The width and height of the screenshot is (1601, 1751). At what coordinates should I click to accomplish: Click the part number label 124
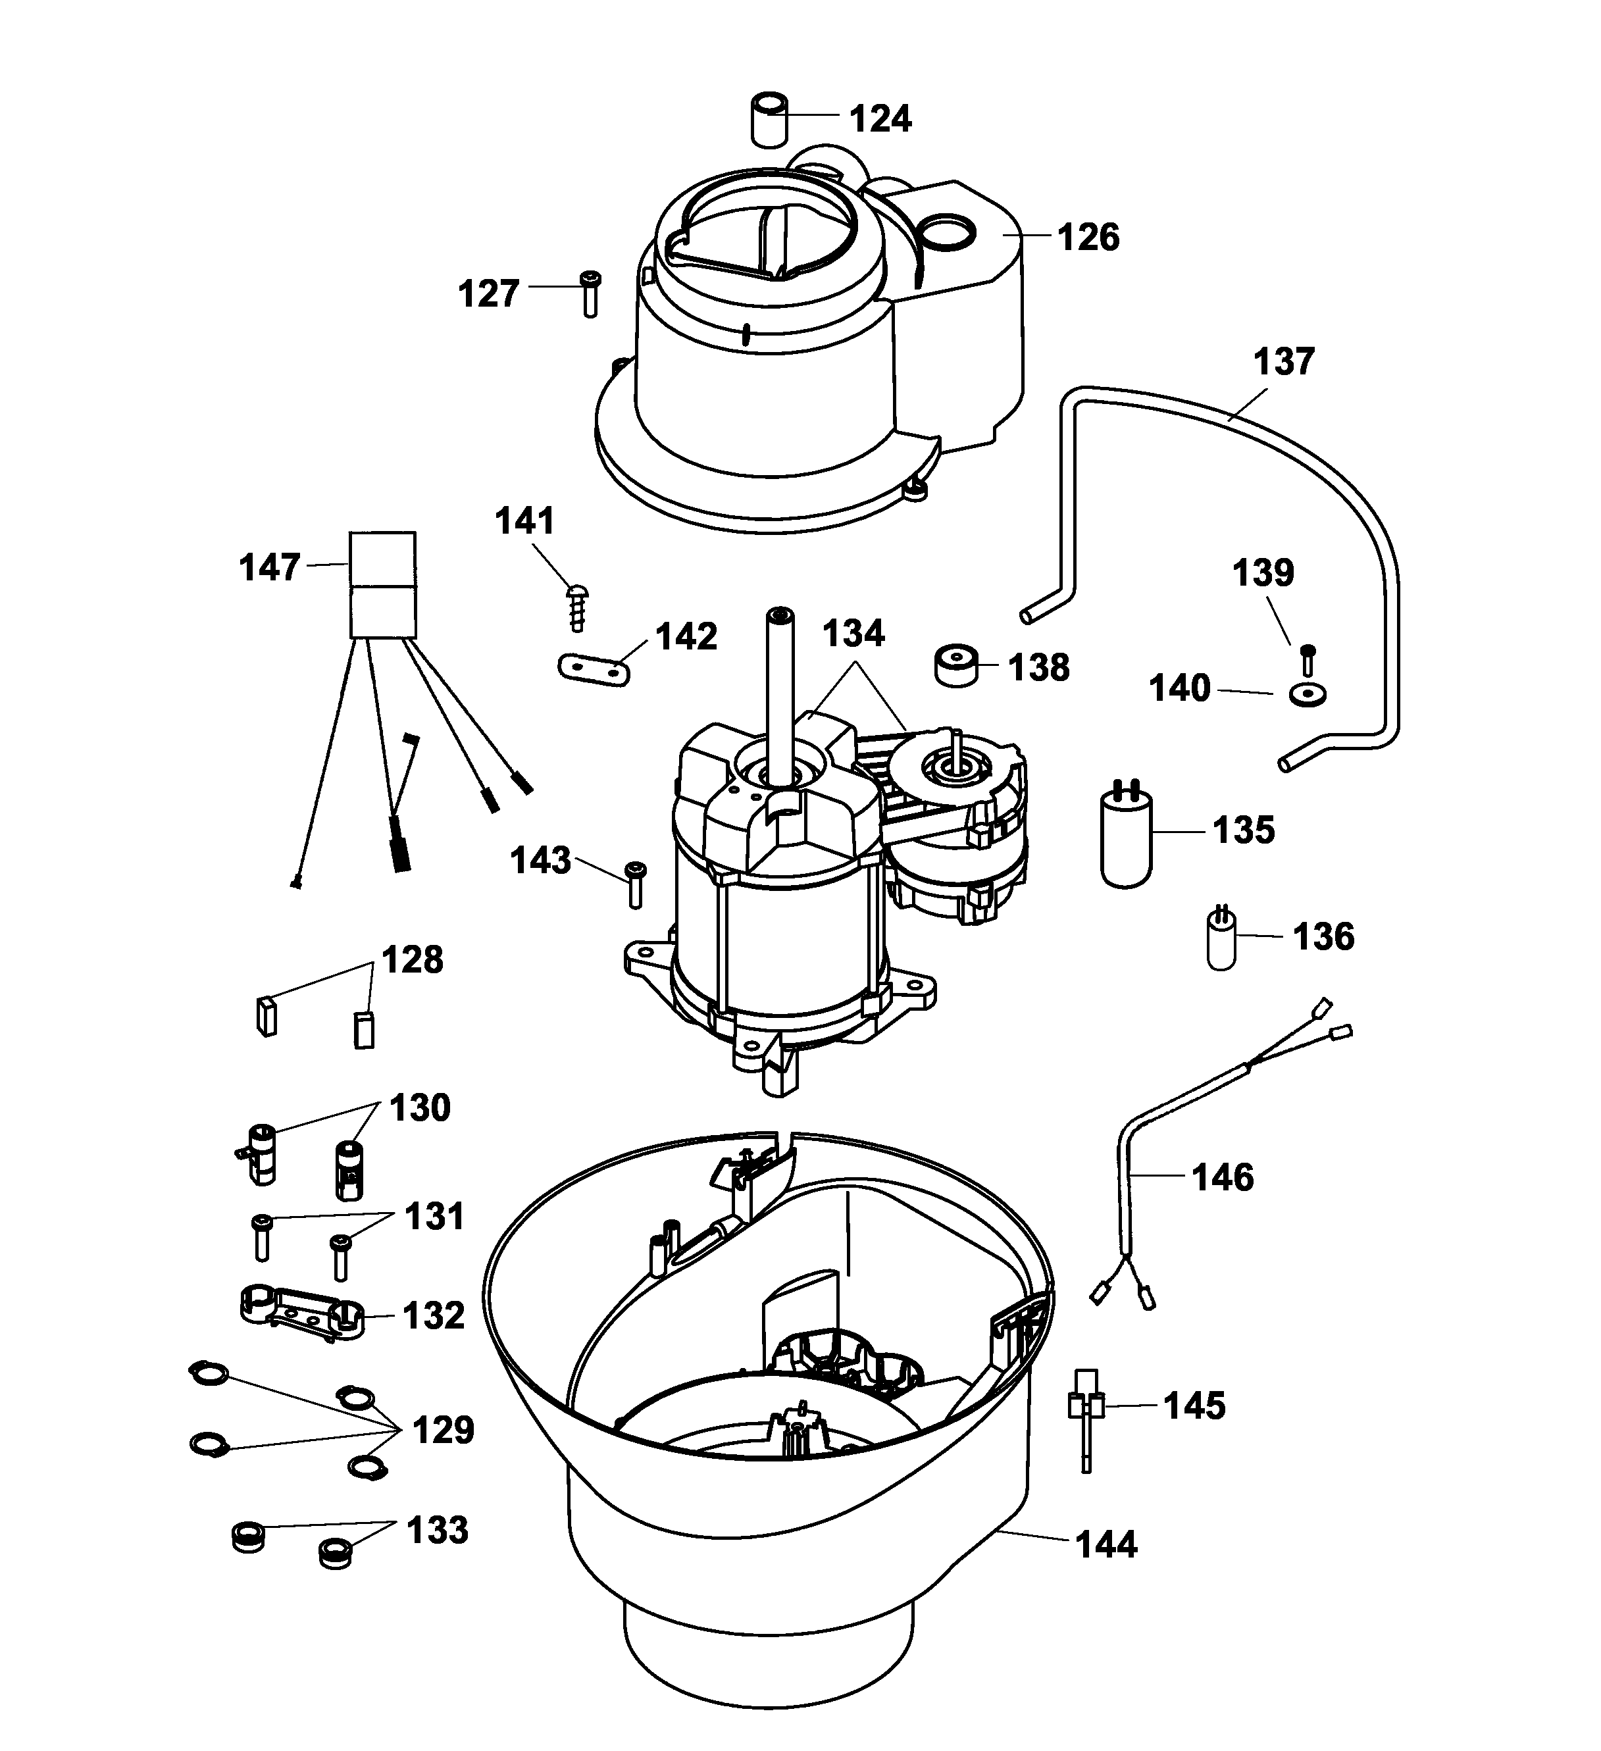[880, 118]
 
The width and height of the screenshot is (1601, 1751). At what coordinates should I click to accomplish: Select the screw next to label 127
[590, 293]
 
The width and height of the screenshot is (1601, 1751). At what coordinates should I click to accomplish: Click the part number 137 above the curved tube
[1283, 361]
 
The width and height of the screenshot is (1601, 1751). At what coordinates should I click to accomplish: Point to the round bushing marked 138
[955, 665]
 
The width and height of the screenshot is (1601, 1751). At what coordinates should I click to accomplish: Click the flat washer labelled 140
[1308, 695]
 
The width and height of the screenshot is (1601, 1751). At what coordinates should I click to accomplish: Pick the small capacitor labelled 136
[1221, 940]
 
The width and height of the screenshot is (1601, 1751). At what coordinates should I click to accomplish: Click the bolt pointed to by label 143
[636, 885]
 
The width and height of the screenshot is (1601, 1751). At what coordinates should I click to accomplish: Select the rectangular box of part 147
[382, 586]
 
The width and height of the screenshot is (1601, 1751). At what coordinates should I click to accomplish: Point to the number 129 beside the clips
[443, 1430]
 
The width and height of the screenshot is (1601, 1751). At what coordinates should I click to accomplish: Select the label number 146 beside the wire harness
[1222, 1178]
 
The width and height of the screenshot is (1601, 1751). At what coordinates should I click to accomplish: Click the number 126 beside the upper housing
[1088, 237]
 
